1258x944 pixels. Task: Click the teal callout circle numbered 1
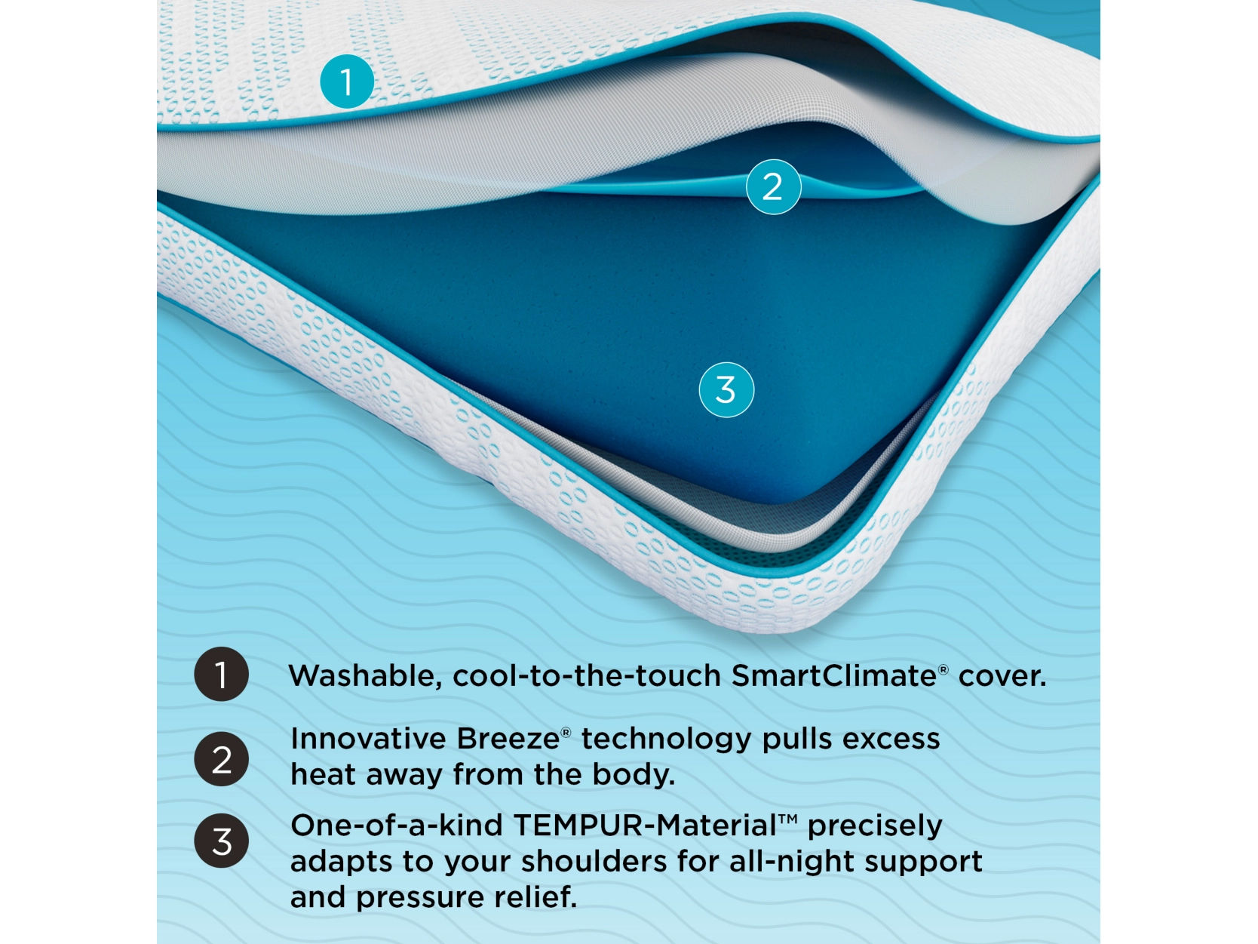[x=347, y=81]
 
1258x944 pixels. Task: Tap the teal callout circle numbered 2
[x=773, y=187]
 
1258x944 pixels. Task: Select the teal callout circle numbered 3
[x=726, y=390]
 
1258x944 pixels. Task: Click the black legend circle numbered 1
[x=221, y=674]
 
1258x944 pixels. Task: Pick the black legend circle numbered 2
[x=221, y=759]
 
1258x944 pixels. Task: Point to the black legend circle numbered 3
[x=221, y=841]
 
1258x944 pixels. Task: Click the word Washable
[x=365, y=676]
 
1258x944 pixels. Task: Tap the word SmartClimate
[x=834, y=675]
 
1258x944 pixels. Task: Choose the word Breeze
[x=508, y=739]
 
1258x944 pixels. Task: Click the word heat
[x=323, y=774]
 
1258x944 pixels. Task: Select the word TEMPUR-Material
[x=646, y=826]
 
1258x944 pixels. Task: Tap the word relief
[x=535, y=896]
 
